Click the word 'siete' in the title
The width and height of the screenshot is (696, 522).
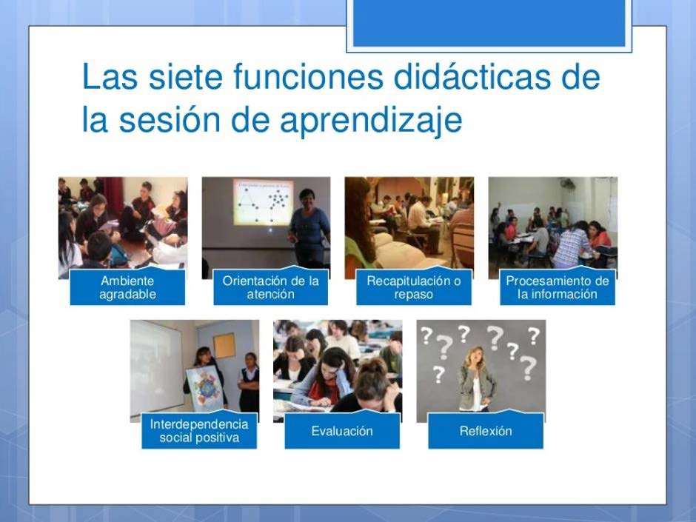(185, 76)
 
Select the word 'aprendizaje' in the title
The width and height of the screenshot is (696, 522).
(371, 120)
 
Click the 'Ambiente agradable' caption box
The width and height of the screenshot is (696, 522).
(127, 287)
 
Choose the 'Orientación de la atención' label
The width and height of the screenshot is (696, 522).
(271, 287)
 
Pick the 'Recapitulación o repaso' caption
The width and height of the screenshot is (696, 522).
(414, 287)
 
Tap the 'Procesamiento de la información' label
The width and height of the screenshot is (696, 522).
(558, 287)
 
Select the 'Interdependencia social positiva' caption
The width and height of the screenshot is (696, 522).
(199, 431)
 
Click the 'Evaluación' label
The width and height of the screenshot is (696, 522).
(342, 431)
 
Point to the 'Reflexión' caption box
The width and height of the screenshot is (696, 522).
(486, 431)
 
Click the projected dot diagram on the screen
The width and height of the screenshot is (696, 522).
(263, 202)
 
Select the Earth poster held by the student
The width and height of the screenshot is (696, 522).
(204, 388)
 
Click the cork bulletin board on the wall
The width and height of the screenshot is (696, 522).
(224, 345)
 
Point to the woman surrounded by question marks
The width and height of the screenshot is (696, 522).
(476, 378)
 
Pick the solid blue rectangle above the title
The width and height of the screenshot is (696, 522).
(489, 23)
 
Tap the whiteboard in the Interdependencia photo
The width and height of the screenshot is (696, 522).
(156, 369)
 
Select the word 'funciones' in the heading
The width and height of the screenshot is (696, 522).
(308, 76)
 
